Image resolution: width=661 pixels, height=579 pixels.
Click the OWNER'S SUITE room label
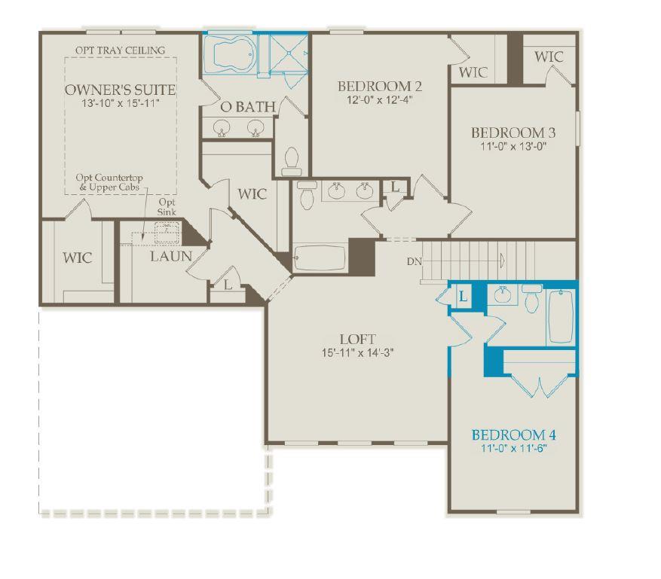point(120,90)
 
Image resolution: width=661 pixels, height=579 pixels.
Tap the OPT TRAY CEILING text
point(120,50)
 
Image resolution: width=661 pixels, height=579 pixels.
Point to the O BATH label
point(247,108)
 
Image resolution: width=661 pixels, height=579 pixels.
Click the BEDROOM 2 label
point(379,86)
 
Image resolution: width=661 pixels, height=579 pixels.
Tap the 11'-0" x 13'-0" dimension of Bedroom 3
point(513,147)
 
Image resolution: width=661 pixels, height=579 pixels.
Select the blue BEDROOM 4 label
point(513,435)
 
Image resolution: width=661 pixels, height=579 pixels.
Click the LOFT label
point(357,340)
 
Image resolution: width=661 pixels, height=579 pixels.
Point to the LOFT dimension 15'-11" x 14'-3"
point(357,352)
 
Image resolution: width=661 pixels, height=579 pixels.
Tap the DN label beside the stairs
point(413,261)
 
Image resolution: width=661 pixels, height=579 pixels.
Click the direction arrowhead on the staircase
point(502,261)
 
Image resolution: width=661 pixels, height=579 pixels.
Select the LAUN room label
point(170,257)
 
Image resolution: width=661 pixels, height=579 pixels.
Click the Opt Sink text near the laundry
point(167,208)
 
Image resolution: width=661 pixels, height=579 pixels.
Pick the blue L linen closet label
point(463,297)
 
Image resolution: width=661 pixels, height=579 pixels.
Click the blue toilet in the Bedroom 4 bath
point(531,301)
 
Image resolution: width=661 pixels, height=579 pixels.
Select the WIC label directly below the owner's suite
point(77,258)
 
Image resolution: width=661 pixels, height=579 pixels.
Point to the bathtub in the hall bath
point(320,258)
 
